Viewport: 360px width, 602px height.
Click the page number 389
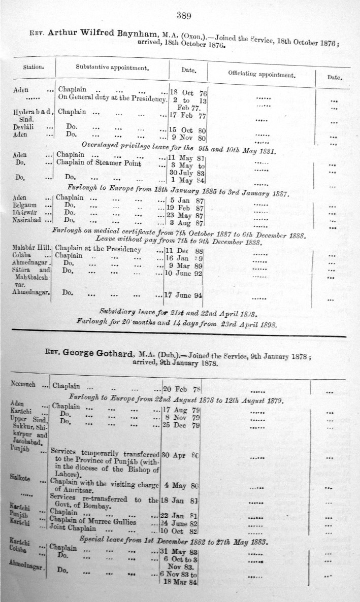click(x=183, y=16)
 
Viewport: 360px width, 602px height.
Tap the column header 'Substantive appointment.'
click(x=112, y=68)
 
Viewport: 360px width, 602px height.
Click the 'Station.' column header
click(x=34, y=66)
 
